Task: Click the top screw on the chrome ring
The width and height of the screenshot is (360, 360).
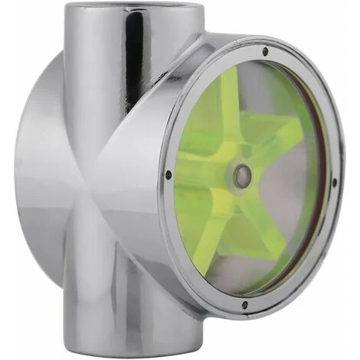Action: click(x=265, y=52)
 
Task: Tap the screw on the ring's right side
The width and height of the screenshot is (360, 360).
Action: click(x=334, y=182)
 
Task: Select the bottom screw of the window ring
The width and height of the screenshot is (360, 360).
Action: click(x=244, y=304)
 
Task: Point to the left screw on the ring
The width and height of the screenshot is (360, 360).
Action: click(x=169, y=175)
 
